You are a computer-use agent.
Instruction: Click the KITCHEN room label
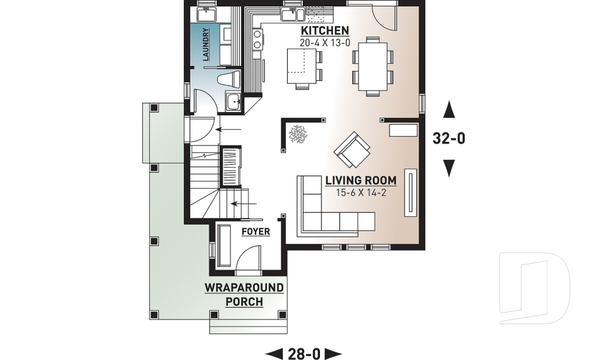pos(324,31)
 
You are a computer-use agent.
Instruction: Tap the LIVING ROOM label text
pos(360,180)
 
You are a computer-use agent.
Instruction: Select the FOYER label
pos(255,232)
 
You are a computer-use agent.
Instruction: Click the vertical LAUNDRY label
pos(205,44)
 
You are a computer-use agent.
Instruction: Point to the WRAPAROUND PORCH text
pos(244,295)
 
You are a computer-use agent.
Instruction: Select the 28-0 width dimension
pos(303,354)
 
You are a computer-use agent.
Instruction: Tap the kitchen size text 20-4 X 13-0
pos(324,43)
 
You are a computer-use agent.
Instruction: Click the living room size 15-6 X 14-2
pos(360,192)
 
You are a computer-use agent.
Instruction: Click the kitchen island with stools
pos(302,66)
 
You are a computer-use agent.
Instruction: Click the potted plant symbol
pos(297,133)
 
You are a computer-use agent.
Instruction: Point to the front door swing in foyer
pos(248,258)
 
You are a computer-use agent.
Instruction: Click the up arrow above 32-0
pos(449,111)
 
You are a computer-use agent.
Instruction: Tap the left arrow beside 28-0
pos(274,354)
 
